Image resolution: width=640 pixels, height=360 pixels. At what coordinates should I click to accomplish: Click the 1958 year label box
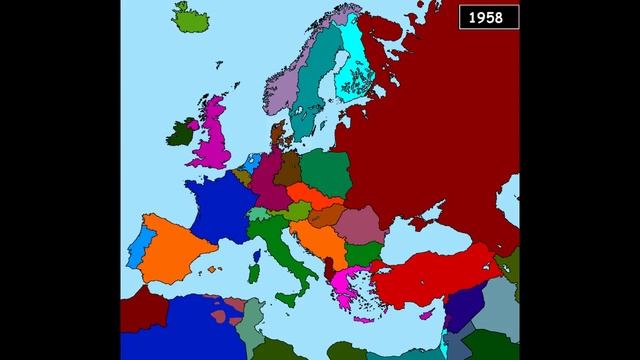pyautogui.click(x=484, y=17)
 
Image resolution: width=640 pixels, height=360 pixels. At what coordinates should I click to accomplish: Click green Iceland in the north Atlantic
pyautogui.click(x=194, y=17)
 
